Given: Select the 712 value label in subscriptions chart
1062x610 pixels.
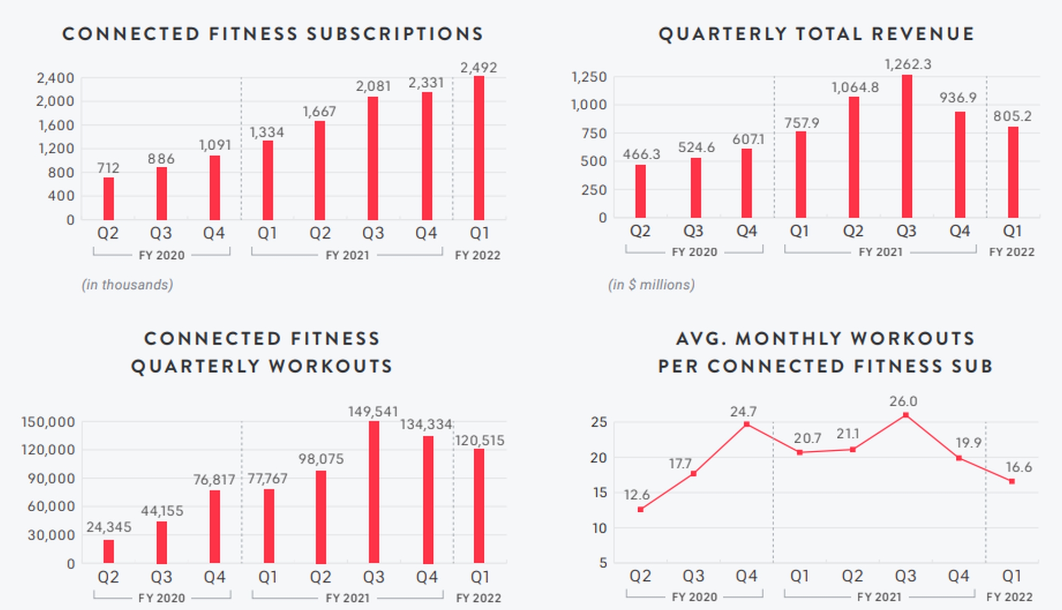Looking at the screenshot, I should click(x=108, y=168).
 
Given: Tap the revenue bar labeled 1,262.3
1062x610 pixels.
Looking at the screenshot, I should click(x=907, y=146).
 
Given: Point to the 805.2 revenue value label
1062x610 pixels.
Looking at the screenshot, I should click(x=1012, y=116).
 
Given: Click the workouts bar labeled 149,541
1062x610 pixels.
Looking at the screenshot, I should click(x=374, y=492).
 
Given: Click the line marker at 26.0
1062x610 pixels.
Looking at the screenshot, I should click(x=906, y=415).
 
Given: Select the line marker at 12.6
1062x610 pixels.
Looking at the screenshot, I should click(x=640, y=509).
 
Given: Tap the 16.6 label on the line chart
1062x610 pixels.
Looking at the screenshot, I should click(x=1018, y=467).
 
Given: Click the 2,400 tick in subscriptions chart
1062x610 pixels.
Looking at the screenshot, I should click(x=55, y=78).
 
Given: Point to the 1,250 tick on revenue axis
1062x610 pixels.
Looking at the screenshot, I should click(x=588, y=77).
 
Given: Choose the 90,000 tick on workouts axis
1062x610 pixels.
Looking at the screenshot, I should click(x=51, y=478).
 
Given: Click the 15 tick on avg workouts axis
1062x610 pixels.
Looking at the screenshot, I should click(x=598, y=492).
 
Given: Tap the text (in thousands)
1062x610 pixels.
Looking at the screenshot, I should click(x=127, y=285).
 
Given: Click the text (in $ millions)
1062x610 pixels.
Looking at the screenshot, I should click(x=651, y=285).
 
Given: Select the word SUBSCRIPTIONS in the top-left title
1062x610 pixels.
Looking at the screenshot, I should click(x=395, y=34).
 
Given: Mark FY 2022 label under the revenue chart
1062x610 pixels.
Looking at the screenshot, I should click(x=1012, y=252).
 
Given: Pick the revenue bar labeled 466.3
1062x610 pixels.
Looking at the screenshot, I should click(x=640, y=191).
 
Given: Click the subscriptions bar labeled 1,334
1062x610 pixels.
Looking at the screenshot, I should click(x=268, y=180).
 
